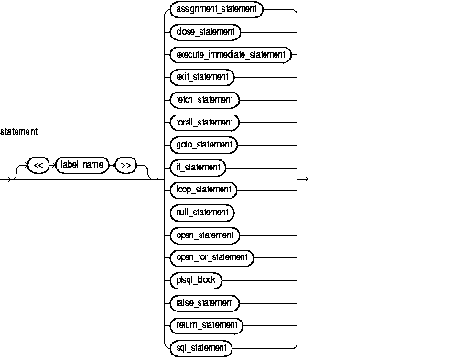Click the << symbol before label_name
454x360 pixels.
click(x=38, y=164)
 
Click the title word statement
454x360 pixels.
click(x=19, y=132)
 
